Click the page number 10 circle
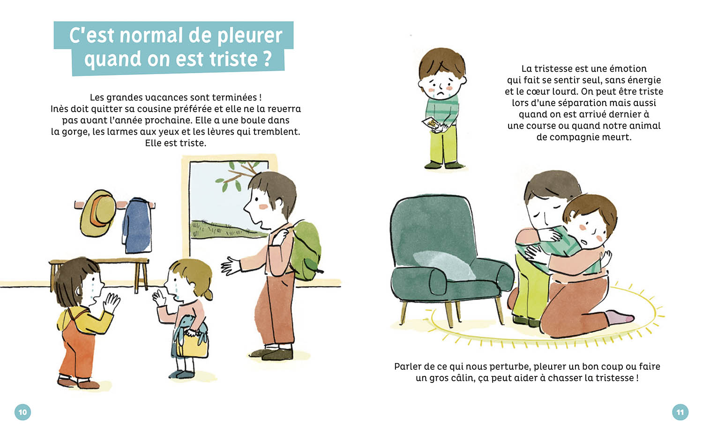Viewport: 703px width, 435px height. click(22, 412)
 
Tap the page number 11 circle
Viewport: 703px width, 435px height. click(680, 412)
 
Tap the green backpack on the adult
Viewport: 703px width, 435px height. click(306, 251)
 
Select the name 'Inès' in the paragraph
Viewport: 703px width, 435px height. click(59, 109)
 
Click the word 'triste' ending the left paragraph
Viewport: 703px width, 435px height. click(192, 143)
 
